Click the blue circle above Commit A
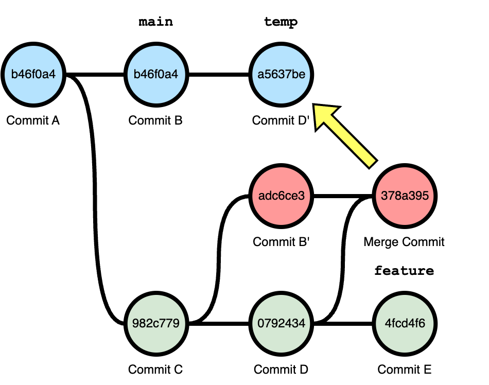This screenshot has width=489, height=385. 33,75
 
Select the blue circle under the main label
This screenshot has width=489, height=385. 155,75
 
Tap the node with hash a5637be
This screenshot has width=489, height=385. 281,75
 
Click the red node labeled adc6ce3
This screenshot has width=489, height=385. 281,196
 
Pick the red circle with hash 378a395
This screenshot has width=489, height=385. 405,196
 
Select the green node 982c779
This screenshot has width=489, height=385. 155,324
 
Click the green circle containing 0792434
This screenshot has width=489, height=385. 281,324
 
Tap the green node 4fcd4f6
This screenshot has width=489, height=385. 405,324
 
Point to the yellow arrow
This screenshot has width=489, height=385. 348,135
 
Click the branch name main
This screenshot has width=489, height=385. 155,22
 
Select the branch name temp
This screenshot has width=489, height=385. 281,22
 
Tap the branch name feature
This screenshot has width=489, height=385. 404,271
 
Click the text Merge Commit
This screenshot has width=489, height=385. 404,241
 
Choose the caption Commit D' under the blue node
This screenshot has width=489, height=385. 281,120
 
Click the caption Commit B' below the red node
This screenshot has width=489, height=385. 281,241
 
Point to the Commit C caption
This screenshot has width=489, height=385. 155,369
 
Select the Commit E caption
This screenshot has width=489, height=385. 405,369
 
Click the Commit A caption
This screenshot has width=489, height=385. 33,120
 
